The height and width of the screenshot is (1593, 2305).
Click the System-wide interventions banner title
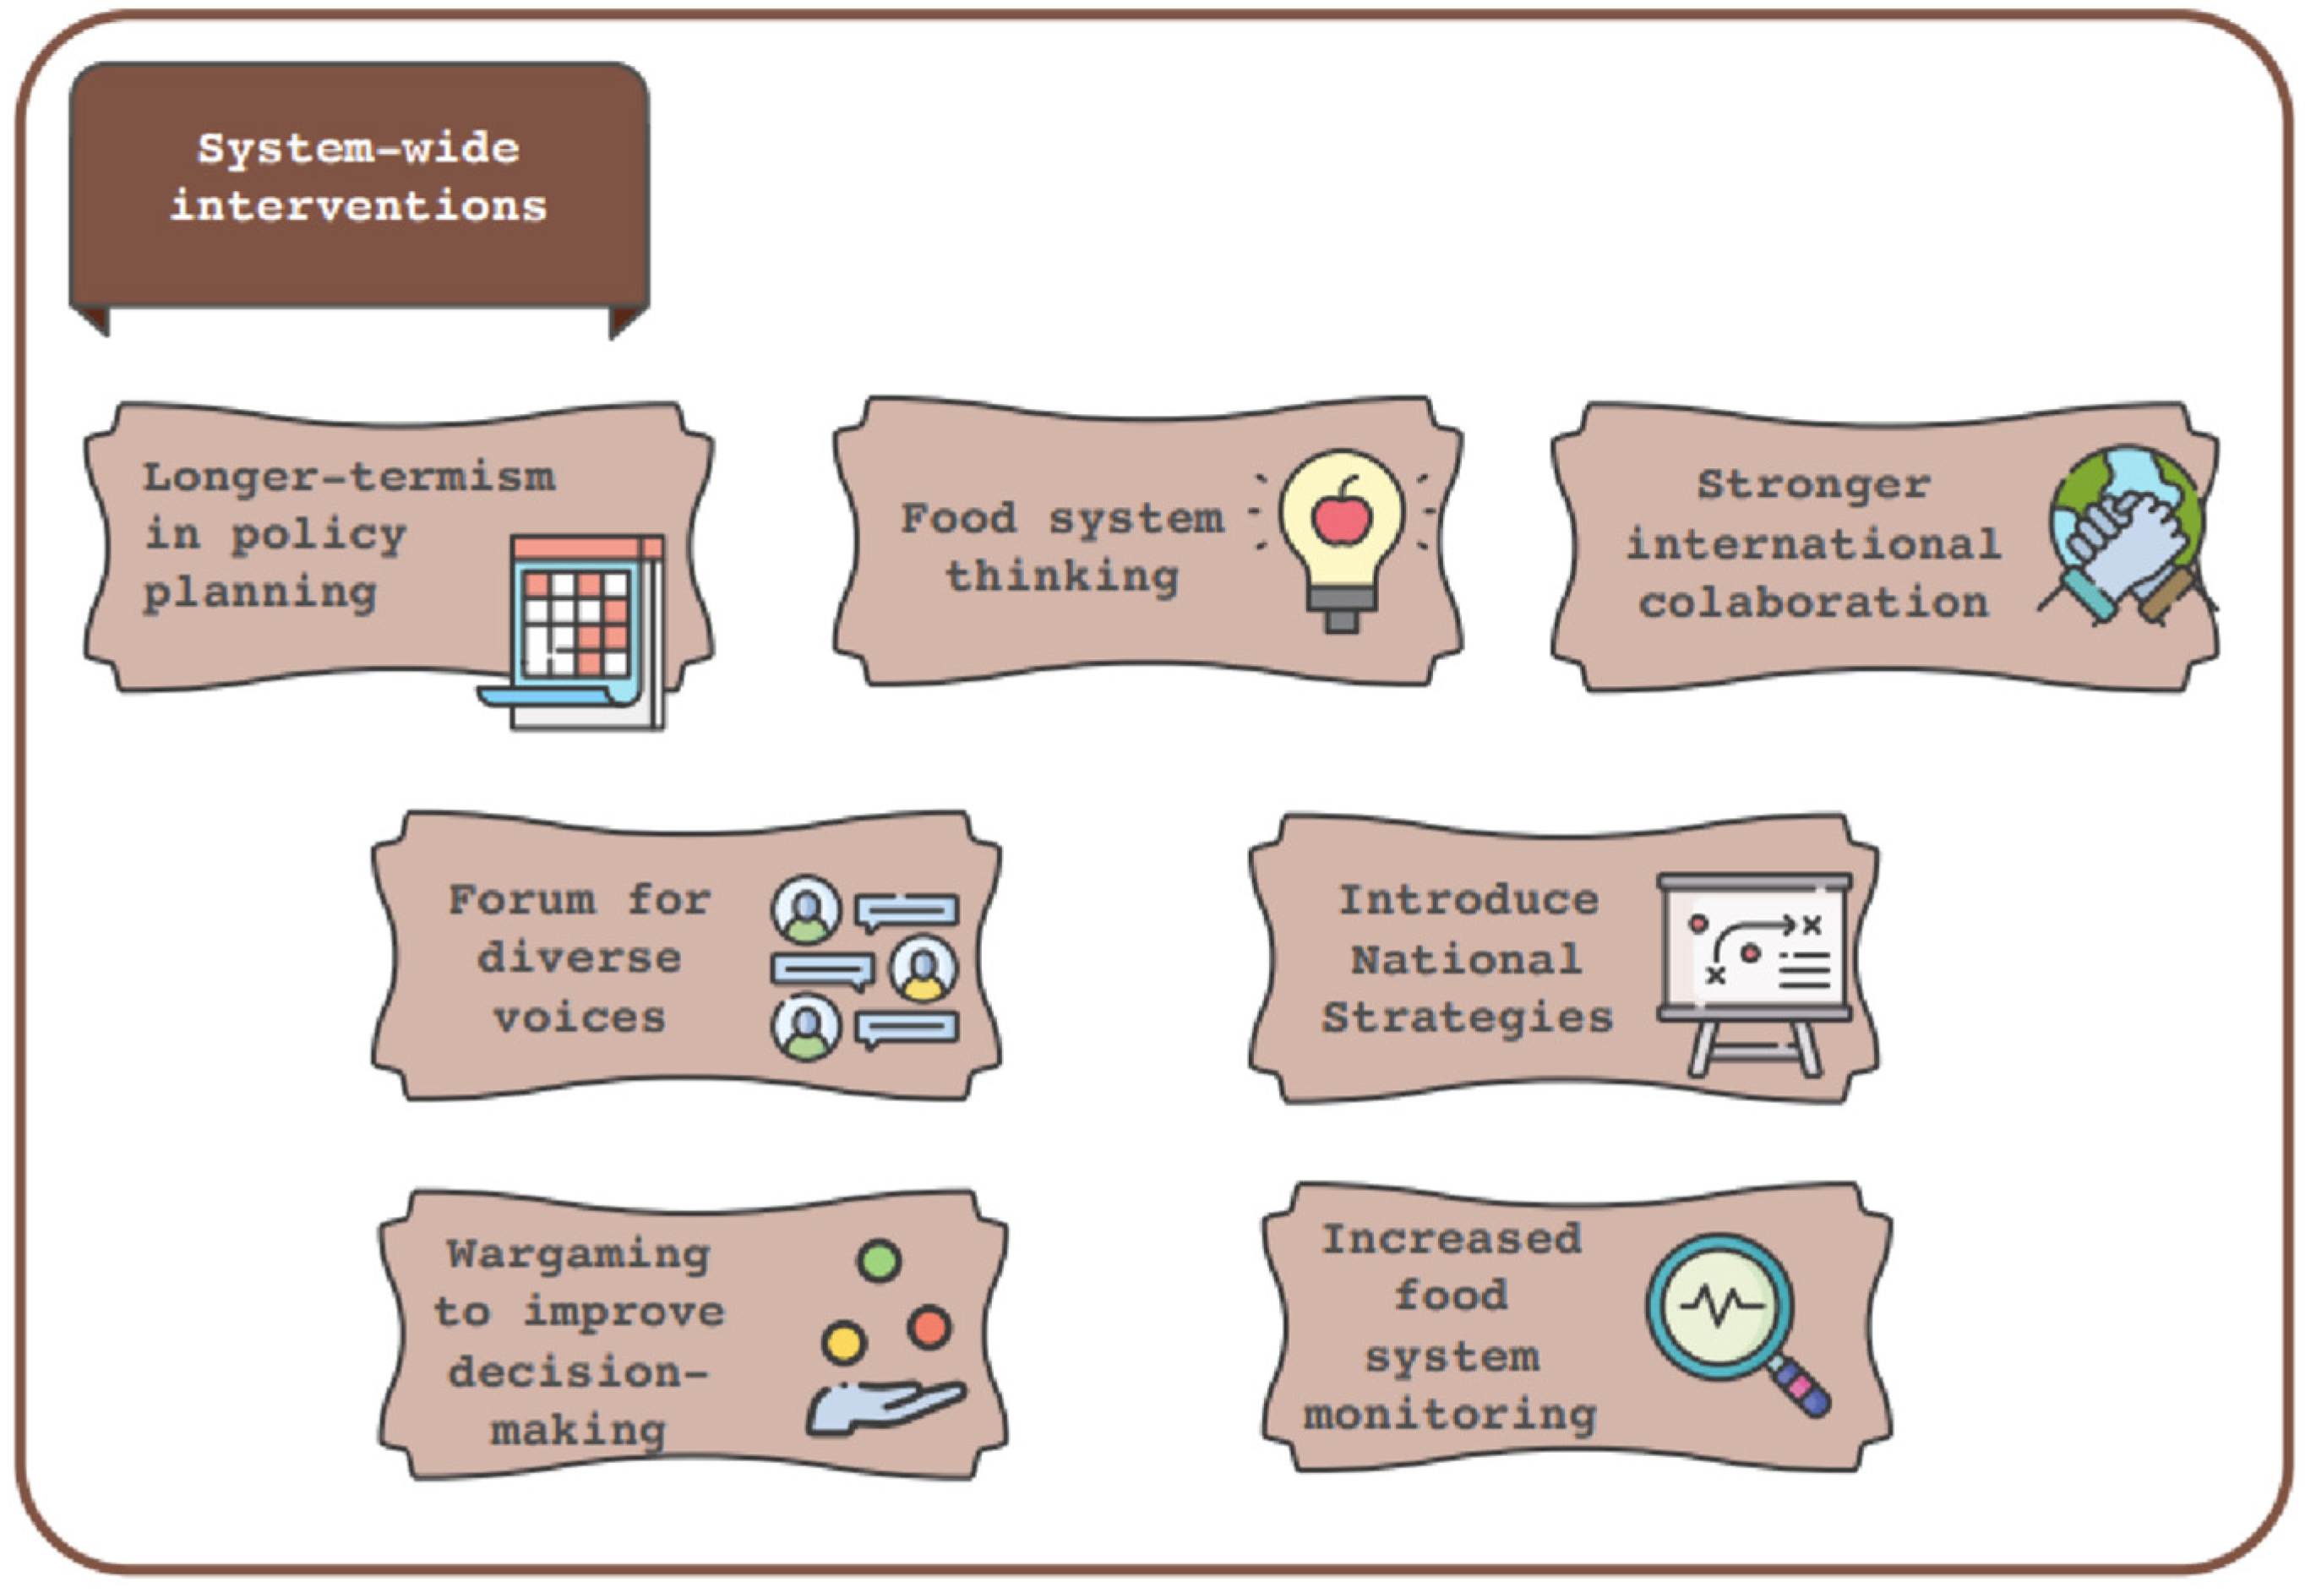pos(358,177)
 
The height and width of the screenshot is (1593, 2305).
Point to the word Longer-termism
pos(348,477)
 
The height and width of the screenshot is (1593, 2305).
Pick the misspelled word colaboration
pos(1813,603)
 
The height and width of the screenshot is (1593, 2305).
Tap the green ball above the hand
pos(879,1261)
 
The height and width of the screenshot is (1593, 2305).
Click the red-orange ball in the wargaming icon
pos(929,1328)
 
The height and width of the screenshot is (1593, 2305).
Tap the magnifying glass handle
pos(1801,1387)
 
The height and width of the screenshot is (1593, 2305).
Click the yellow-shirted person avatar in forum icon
pos(923,968)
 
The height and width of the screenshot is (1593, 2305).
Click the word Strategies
pos(1467,1018)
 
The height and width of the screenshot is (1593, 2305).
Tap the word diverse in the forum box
pos(579,958)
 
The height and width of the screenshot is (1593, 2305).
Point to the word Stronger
pos(1813,485)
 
